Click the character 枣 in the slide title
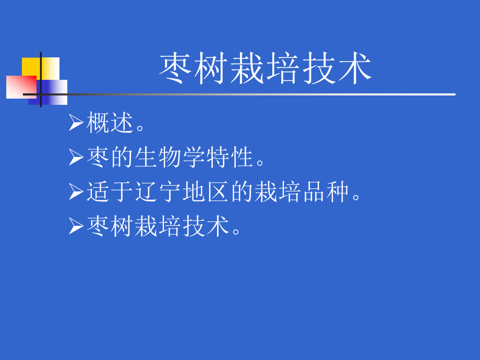(x=176, y=69)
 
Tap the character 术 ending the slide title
(x=355, y=69)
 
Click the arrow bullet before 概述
(x=76, y=123)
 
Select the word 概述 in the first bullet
(x=110, y=123)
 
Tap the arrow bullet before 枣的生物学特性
(x=76, y=157)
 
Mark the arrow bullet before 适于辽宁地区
(x=76, y=191)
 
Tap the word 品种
(x=326, y=191)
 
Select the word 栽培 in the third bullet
(x=278, y=191)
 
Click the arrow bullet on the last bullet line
(x=76, y=226)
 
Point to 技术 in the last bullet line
(x=206, y=226)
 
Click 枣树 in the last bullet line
(x=110, y=226)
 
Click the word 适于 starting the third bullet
(x=110, y=191)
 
